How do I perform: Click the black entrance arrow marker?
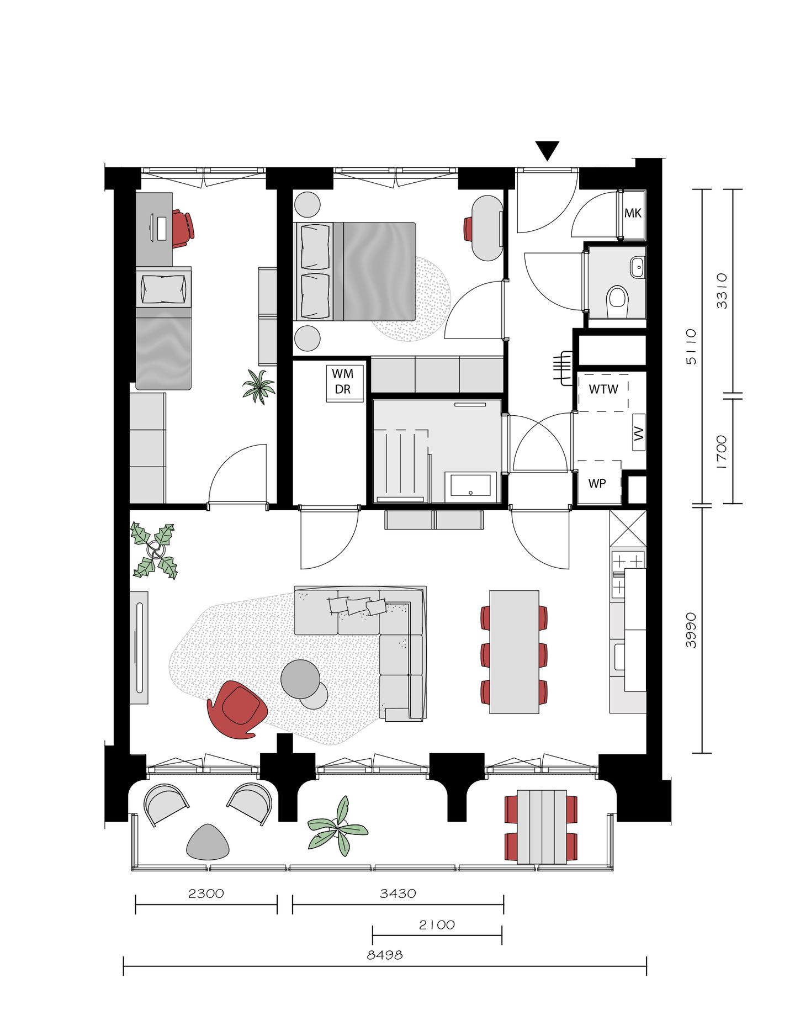(547, 150)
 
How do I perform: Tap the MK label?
(632, 213)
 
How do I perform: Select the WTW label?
(603, 389)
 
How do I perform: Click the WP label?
(597, 483)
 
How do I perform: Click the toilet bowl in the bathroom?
(617, 301)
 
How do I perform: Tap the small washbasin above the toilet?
(637, 267)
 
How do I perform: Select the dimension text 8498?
(384, 955)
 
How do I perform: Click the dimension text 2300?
(206, 893)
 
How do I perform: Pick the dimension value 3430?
(397, 893)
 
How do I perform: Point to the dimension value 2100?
(437, 924)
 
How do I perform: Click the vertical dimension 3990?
(690, 630)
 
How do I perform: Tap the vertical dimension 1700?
(721, 451)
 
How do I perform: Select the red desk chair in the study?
(182, 227)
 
